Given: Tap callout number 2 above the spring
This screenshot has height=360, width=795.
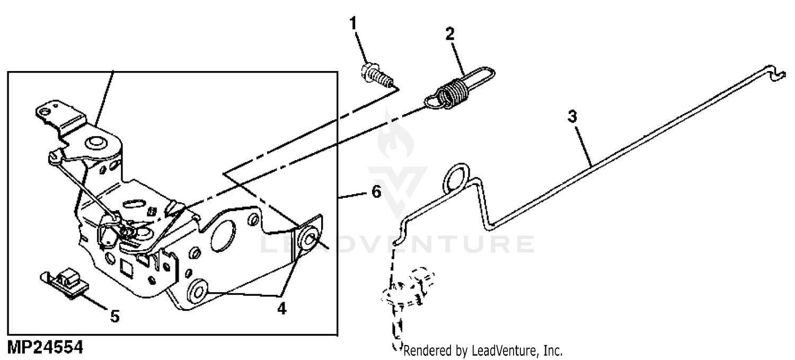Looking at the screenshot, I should [x=450, y=34].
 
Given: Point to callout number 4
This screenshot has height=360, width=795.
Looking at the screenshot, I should [x=282, y=308].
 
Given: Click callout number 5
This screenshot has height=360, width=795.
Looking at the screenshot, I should [x=114, y=317].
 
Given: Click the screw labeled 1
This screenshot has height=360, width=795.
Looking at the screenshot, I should [x=377, y=75].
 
